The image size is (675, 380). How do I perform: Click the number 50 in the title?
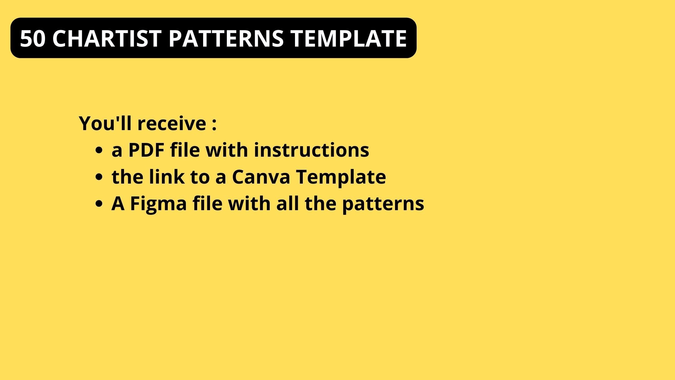tap(33, 38)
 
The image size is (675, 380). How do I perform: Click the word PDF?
tap(146, 150)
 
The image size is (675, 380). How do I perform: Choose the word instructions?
tap(311, 150)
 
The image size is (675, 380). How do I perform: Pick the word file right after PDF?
tap(185, 150)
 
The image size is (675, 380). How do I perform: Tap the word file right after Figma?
tap(207, 204)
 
